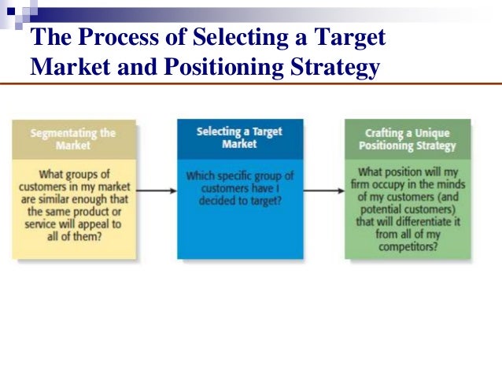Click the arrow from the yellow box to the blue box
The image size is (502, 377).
[x=156, y=190]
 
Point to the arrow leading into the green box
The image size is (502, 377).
[x=323, y=190]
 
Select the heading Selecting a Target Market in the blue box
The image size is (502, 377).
[x=239, y=138]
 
